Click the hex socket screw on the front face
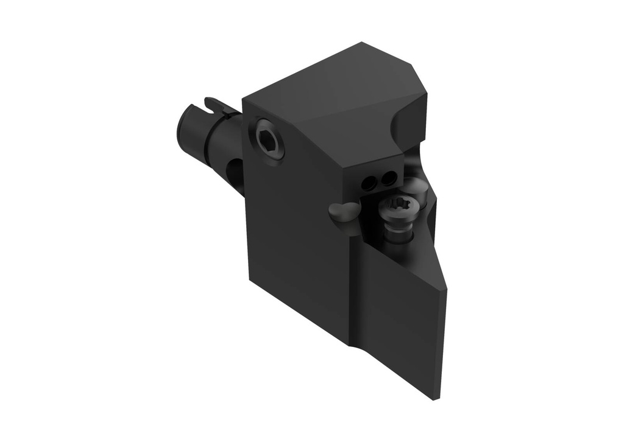pyautogui.click(x=269, y=139)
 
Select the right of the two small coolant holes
pyautogui.click(x=386, y=178)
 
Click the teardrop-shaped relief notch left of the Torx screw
pyautogui.click(x=344, y=212)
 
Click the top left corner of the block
pyautogui.click(x=243, y=99)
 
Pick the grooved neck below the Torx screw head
pyautogui.click(x=398, y=232)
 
